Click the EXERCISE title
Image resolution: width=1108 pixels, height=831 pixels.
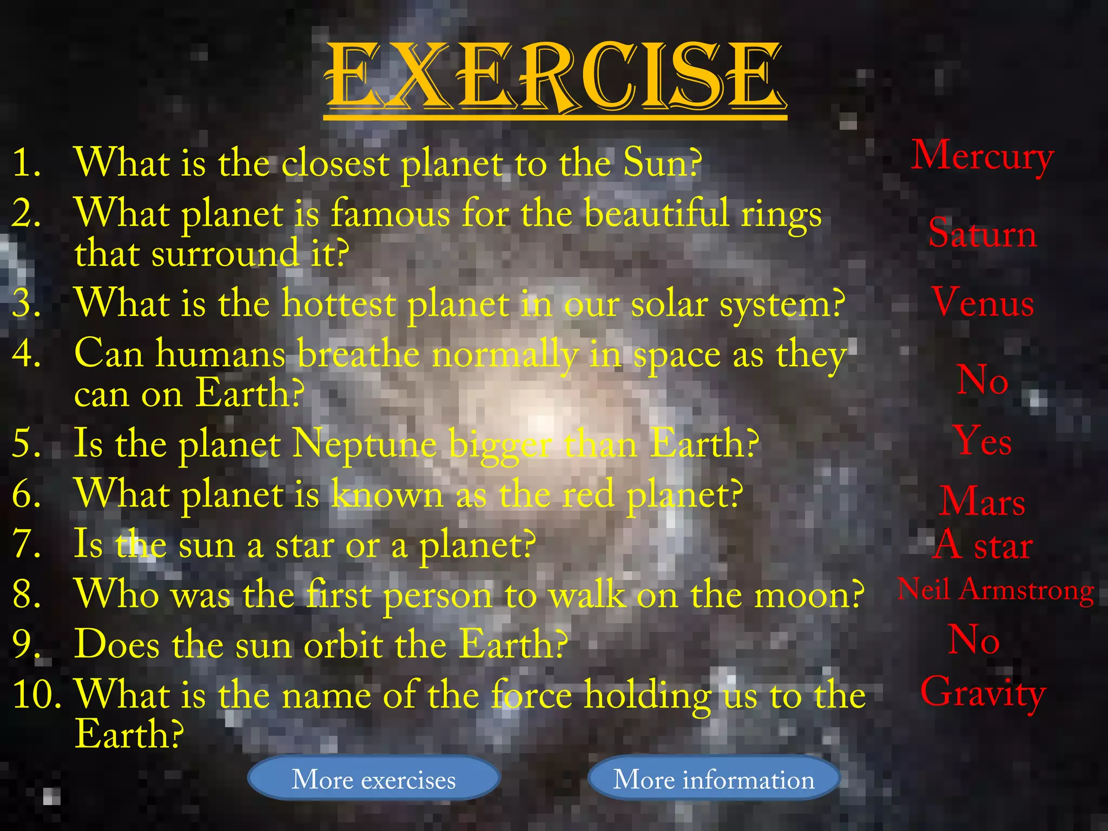tap(555, 76)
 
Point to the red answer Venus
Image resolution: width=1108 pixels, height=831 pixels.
tap(982, 302)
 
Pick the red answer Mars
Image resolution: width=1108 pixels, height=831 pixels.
tap(982, 502)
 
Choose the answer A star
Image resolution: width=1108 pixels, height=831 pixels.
tap(982, 545)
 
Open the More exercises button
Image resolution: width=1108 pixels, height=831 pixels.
tap(373, 779)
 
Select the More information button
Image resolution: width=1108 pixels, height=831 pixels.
tap(714, 779)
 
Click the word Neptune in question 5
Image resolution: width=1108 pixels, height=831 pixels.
tap(364, 444)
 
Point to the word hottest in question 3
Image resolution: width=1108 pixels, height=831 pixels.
tap(339, 304)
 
